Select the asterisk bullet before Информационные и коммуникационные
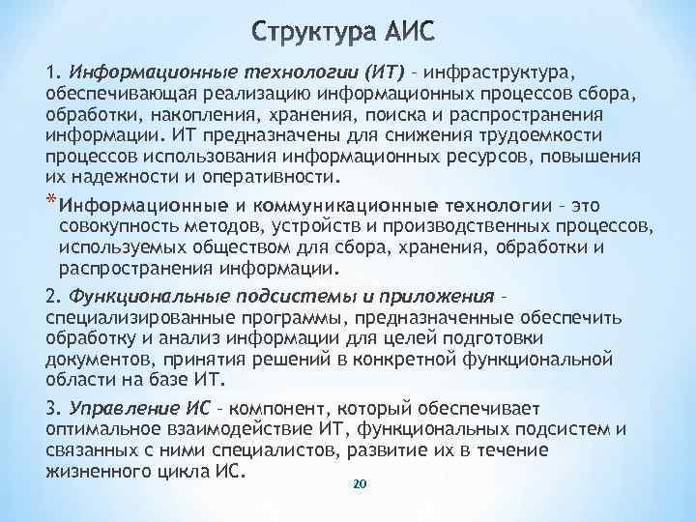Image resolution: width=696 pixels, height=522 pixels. [50, 200]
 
